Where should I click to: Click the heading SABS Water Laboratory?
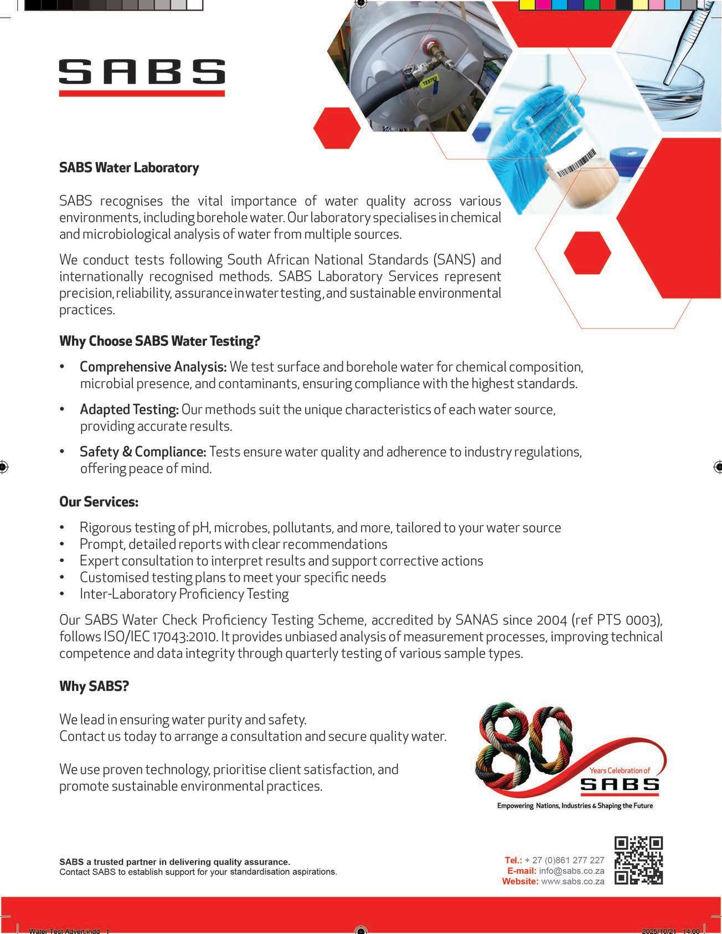coord(129,168)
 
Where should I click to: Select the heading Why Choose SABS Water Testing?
coord(159,341)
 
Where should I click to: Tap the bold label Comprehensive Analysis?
coord(153,367)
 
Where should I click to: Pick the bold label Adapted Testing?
coord(129,409)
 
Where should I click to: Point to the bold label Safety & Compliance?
coord(143,452)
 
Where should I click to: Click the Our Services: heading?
coord(99,502)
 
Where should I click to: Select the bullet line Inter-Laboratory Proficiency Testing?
coord(184,594)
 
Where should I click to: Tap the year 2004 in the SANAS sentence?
coord(550,620)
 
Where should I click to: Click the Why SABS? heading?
coord(94,686)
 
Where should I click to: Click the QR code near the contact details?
coord(638,860)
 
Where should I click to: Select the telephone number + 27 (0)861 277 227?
coord(564,860)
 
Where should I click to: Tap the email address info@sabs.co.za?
coord(571,870)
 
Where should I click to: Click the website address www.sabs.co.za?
coord(573,881)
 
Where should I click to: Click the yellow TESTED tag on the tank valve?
coord(430,82)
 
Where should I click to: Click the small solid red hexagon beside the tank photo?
coord(337,128)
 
